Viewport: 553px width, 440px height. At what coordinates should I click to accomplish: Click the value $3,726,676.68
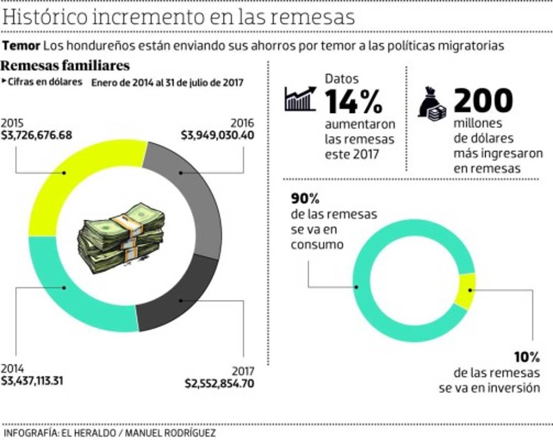click(36, 134)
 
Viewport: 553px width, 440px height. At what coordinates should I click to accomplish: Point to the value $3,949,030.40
click(217, 134)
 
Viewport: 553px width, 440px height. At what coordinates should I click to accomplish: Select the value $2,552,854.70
click(219, 383)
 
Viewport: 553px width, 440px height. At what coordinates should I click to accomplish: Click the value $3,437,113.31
click(32, 380)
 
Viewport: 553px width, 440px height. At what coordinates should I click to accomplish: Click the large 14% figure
click(354, 101)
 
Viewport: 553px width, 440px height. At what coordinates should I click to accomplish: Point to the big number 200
click(483, 100)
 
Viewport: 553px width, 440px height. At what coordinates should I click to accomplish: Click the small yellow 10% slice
click(468, 291)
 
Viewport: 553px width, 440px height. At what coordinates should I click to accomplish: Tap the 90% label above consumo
click(305, 199)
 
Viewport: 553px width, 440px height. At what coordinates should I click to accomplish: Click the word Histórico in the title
click(44, 17)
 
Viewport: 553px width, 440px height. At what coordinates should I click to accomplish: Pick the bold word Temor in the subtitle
click(21, 46)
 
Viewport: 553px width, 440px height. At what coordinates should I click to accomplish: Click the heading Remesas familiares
click(65, 66)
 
